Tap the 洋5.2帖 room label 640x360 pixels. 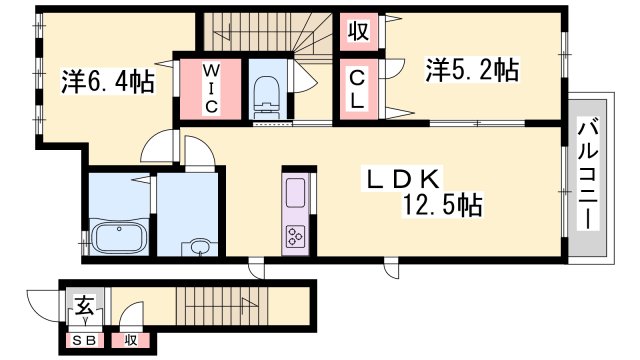tap(472, 70)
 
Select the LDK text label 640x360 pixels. tap(403, 178)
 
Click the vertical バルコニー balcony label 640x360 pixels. tap(589, 174)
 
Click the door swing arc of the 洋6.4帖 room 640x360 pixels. tap(157, 147)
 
